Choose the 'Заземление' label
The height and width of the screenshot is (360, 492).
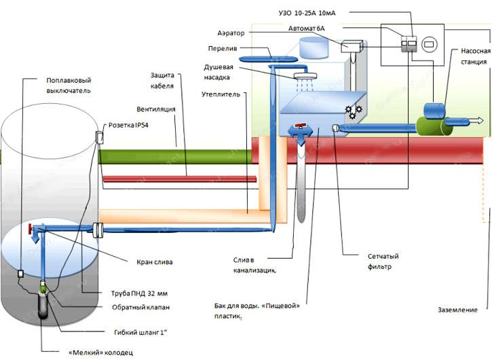(x=458, y=311)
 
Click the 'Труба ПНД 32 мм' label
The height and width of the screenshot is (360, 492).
(x=138, y=293)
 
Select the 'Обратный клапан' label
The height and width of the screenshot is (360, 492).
(x=140, y=308)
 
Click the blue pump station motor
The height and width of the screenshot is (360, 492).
(x=434, y=110)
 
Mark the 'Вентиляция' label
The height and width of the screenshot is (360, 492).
(x=156, y=107)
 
